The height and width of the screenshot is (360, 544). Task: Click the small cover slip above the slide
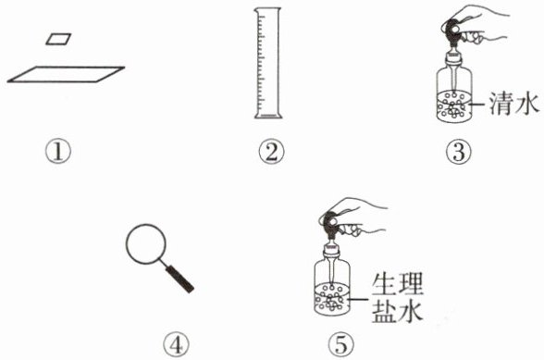58,39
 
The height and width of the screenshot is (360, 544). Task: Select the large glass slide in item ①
66,74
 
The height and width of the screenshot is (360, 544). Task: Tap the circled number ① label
58,152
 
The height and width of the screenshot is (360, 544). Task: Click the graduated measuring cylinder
268,63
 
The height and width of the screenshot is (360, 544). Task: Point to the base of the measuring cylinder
268,116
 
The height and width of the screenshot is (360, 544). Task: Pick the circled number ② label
271,152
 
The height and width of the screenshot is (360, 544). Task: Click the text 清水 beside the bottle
514,104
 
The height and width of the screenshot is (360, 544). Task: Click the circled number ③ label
459,152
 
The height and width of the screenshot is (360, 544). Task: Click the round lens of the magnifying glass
146,244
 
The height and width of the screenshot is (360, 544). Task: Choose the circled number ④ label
176,344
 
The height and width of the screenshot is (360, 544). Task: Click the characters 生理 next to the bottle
398,285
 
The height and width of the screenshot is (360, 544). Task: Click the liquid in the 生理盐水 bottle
332,298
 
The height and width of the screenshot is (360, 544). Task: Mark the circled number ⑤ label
341,344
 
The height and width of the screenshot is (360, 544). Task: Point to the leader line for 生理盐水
358,299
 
